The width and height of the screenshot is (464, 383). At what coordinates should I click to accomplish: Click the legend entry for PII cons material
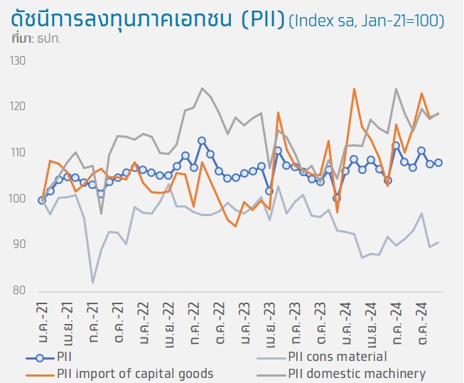pyautogui.click(x=338, y=357)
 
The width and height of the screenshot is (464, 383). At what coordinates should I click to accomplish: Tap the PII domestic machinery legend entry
pyautogui.click(x=357, y=373)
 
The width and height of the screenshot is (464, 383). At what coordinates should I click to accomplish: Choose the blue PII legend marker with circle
pyautogui.click(x=41, y=357)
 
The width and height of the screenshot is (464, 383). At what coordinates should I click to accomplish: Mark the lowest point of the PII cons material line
pyautogui.click(x=93, y=283)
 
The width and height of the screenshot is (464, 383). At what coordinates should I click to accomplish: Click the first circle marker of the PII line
pyautogui.click(x=42, y=200)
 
